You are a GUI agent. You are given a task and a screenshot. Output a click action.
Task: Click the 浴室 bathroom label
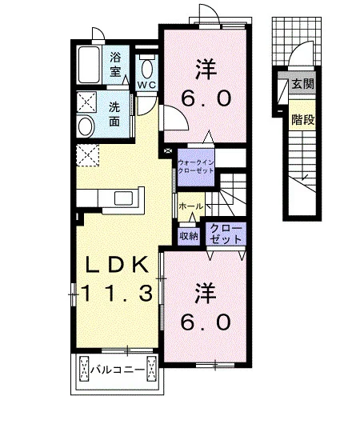coord(115,64)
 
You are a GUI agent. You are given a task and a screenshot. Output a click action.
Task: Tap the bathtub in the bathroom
coord(90,65)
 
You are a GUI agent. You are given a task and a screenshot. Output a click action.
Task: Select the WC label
coord(146,86)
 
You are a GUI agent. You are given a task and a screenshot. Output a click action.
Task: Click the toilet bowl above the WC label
coord(146,69)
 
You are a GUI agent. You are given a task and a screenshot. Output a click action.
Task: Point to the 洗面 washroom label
coord(114,114)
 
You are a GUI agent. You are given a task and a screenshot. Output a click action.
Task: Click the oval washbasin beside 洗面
coord(86,126)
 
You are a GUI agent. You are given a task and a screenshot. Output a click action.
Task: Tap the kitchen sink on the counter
coord(123,198)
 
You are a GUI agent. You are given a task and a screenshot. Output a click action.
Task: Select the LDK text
coord(117,265)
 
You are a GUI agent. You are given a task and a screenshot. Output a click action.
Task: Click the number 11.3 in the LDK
coord(118,293)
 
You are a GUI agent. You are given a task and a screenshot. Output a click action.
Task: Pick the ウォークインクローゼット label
coord(196,166)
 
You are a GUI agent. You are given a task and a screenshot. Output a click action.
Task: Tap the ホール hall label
coord(191,206)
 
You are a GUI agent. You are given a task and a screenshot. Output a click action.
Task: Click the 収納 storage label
coord(189,236)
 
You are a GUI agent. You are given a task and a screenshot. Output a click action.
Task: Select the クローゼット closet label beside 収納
coord(226,234)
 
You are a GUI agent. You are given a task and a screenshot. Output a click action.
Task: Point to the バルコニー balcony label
coord(118,370)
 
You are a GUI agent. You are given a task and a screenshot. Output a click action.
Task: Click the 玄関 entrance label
coord(302,83)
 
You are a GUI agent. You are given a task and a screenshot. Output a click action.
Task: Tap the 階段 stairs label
coord(302,120)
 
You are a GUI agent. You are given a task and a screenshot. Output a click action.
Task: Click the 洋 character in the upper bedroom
coord(206,69)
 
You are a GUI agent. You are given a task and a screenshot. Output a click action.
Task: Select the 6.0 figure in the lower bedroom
coord(206,322)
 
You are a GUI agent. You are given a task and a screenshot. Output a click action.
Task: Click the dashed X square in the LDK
coord(88,155)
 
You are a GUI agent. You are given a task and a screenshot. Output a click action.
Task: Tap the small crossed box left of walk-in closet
coord(168,150)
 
